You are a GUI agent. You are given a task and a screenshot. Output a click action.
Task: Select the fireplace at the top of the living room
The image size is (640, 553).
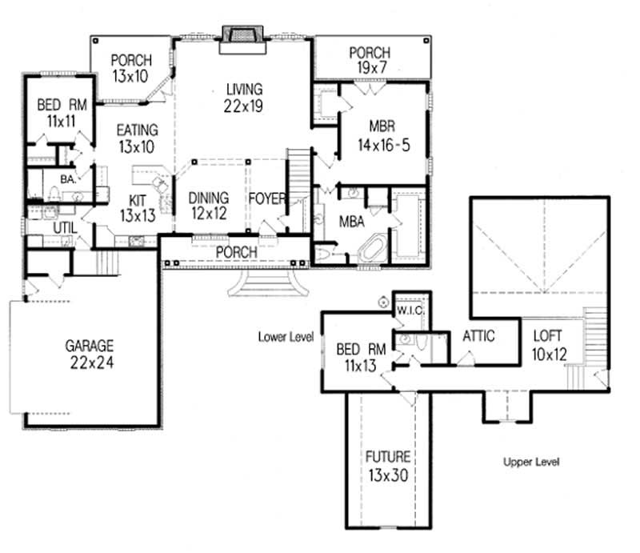[x=239, y=36]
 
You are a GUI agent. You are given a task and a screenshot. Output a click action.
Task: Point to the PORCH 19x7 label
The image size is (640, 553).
[x=369, y=61]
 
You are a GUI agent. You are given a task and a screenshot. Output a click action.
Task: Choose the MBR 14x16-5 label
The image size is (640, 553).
[x=389, y=134]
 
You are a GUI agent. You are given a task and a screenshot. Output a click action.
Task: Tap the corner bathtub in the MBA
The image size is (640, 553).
[x=370, y=247]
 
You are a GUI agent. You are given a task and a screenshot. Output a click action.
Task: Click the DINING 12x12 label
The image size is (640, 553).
[x=208, y=205]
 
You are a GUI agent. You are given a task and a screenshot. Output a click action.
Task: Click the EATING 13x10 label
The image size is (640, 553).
[x=137, y=138]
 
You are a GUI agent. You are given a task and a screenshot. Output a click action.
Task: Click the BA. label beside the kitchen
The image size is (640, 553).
[x=67, y=180]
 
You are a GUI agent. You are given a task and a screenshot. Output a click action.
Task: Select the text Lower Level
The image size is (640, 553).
[x=286, y=337]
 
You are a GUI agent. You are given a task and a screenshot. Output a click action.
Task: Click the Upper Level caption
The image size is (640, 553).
[x=530, y=463]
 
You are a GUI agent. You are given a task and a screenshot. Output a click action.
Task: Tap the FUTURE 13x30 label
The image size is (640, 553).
[x=388, y=465]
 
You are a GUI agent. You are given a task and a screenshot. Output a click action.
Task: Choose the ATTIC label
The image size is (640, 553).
[x=478, y=336]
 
